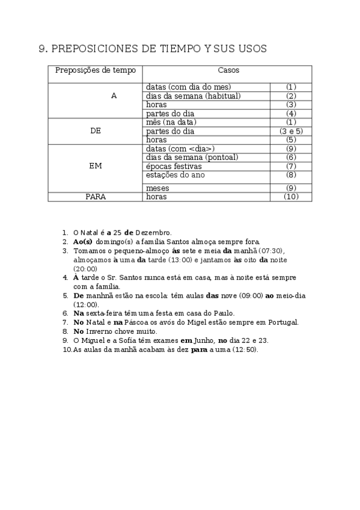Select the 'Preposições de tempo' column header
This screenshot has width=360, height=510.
coord(96,70)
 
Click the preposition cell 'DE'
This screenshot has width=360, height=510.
coord(95,131)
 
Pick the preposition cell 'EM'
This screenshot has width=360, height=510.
coord(95,166)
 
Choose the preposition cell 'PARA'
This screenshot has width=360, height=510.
coord(95,197)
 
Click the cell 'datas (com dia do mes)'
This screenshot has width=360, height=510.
coord(188,87)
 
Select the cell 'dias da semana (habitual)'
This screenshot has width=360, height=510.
coord(193,96)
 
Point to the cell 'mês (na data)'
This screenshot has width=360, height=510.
coord(171,123)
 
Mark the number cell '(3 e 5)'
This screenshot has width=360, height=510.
coord(291,131)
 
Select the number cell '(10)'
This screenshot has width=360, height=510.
coord(291,197)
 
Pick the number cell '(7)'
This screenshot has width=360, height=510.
coord(291,166)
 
